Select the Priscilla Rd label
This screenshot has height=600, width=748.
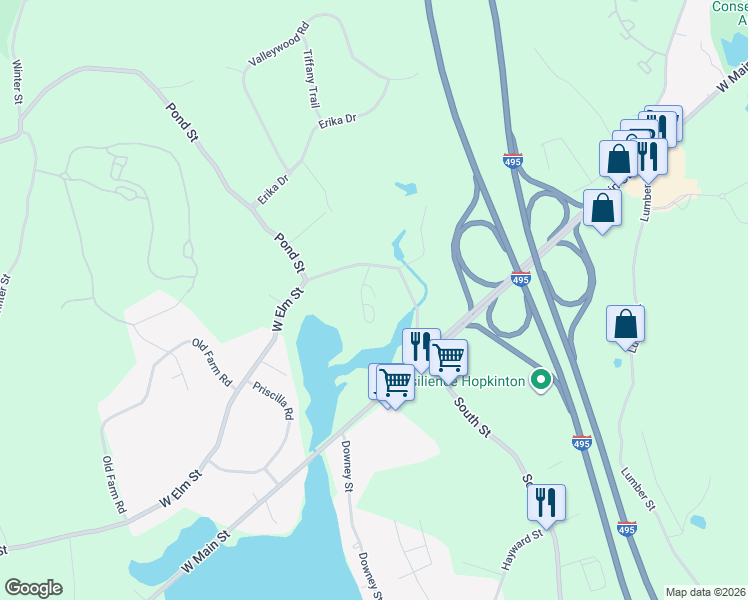273,399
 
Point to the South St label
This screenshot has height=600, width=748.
472,417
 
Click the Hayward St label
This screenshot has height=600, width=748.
522,548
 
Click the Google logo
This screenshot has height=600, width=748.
33,588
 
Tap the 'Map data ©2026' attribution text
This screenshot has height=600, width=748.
706,592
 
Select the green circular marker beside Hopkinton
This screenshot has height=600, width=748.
541,379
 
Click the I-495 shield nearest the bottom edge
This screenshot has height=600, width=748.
626,527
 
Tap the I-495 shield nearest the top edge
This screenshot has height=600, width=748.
512,160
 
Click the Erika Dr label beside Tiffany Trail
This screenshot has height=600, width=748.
337,121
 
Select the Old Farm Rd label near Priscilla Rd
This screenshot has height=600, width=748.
212,363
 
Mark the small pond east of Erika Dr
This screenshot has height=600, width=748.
405,186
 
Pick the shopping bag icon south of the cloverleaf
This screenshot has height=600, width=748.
625,323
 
